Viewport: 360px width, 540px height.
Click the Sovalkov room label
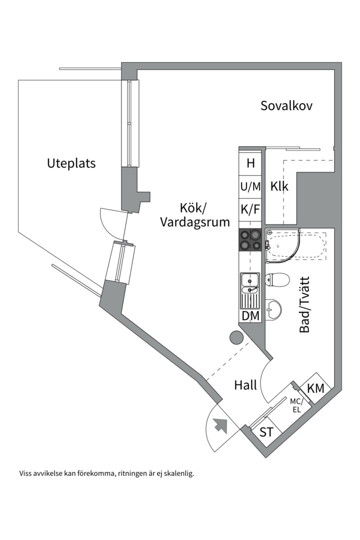click(286, 106)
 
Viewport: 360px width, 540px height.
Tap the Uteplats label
click(71, 163)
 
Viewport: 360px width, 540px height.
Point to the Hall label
click(245, 385)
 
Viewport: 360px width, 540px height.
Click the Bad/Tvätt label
click(304, 304)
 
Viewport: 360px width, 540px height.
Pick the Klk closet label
click(279, 186)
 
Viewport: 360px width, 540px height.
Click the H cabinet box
click(251, 163)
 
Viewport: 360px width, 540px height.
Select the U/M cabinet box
click(251, 187)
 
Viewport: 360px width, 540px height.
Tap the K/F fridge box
click(251, 209)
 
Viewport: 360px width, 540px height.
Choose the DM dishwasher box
click(251, 315)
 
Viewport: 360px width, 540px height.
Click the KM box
click(315, 388)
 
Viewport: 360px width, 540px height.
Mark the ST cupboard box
click(266, 432)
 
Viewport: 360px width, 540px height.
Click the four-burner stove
click(251, 239)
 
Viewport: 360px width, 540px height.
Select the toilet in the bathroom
click(277, 279)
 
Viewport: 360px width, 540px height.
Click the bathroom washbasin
click(272, 309)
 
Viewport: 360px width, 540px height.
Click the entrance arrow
click(219, 425)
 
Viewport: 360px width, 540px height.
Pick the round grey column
click(236, 338)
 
